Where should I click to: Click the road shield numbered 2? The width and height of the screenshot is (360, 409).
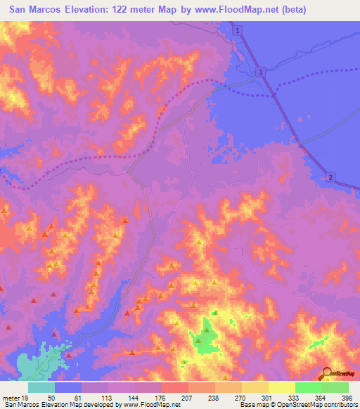329,177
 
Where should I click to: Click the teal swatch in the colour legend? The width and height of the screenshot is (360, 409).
41,387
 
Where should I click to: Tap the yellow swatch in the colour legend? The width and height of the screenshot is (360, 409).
281,387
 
